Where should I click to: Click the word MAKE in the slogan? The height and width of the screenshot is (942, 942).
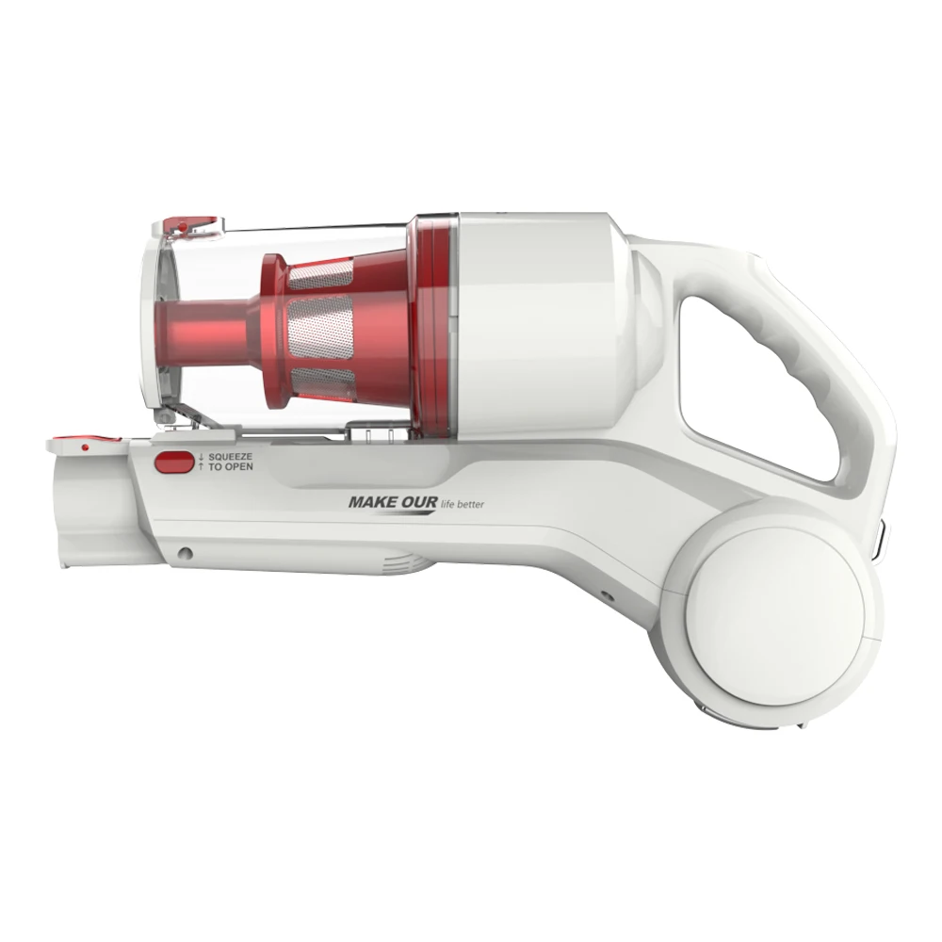pos(370,502)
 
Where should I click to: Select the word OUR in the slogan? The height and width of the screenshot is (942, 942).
pos(417,502)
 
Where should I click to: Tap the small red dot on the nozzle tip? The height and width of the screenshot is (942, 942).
pos(84,447)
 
